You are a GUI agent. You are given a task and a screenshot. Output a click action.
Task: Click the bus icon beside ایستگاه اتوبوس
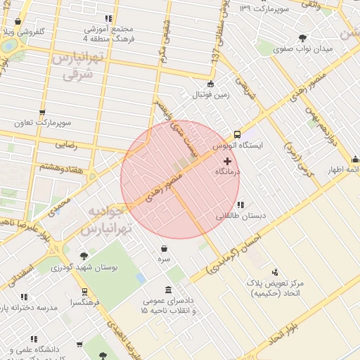click(236, 134)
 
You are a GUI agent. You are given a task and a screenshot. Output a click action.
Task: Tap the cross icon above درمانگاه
click(227, 161)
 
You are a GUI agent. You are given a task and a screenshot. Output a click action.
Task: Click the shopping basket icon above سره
click(164, 248)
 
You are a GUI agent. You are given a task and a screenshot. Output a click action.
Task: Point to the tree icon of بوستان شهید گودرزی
click(84, 257)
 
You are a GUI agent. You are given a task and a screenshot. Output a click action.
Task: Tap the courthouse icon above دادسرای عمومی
click(168, 290)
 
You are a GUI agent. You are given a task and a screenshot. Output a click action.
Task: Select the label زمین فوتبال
click(210, 94)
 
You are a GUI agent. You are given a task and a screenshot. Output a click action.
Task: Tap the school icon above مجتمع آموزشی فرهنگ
click(108, 19)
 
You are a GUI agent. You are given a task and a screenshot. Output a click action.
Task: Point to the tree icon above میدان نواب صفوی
click(303, 38)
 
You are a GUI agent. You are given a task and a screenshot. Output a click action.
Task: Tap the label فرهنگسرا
click(84, 302)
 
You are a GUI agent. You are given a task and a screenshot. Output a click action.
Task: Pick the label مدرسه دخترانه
click(27, 308)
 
